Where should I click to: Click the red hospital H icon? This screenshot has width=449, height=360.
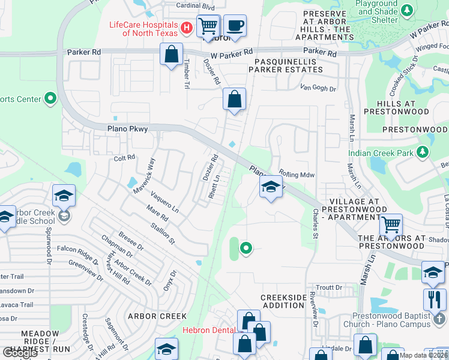point(186,28)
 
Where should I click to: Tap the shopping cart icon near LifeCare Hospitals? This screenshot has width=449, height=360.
point(208,26)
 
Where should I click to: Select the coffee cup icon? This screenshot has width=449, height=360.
point(235,26)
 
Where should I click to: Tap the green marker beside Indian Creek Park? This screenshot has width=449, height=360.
point(423,153)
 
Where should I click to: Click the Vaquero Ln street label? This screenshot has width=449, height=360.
point(164,202)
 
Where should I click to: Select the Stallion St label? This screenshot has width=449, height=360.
point(163,234)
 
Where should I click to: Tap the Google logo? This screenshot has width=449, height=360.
point(20,352)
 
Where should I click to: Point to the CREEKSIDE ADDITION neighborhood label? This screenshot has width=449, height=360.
point(283,302)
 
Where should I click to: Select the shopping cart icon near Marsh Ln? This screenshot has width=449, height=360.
point(391,225)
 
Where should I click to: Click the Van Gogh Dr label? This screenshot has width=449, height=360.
point(319,88)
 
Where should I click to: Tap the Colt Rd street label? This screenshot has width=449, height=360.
point(125,158)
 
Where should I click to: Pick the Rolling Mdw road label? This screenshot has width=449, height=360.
point(297,175)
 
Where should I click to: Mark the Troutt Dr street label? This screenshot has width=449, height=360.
point(329,288)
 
